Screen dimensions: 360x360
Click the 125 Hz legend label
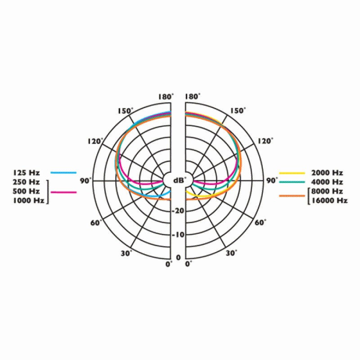[x=27, y=172]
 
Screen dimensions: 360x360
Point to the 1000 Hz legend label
[x=28, y=201]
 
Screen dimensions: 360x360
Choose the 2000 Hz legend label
[x=327, y=172]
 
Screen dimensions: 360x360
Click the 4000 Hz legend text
[x=327, y=182]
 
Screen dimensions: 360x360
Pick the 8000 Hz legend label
[x=327, y=191]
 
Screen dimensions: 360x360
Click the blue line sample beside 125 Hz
[x=63, y=172]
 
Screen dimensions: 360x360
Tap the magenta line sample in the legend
[x=63, y=192]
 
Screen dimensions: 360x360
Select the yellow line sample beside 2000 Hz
[x=292, y=172]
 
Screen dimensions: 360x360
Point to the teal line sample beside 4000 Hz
[x=292, y=182]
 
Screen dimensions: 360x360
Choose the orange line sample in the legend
[x=292, y=196]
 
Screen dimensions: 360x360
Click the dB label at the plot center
[x=179, y=180]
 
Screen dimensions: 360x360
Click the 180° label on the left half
[x=165, y=97]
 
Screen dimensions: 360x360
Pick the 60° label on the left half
[x=96, y=222]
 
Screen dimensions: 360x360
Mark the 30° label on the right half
[x=231, y=253]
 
